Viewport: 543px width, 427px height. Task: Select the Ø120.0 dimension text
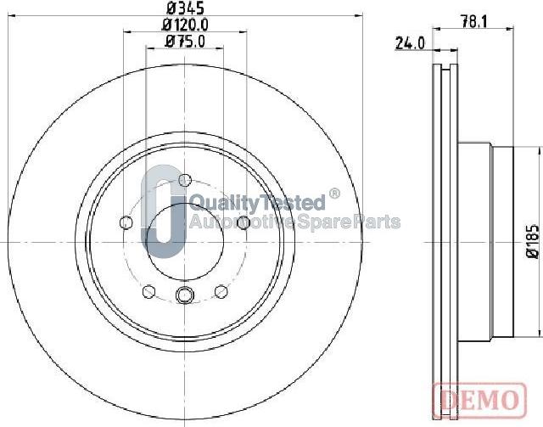pos(184,27)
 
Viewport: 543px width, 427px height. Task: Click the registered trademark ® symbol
pos(333,194)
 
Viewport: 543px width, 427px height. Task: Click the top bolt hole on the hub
pos(184,179)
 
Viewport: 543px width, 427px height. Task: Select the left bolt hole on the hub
pos(126,222)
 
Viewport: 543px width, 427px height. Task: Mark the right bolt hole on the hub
pos(243,222)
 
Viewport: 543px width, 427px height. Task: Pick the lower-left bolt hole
pos(148,291)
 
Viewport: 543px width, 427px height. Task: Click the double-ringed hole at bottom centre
pos(184,295)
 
